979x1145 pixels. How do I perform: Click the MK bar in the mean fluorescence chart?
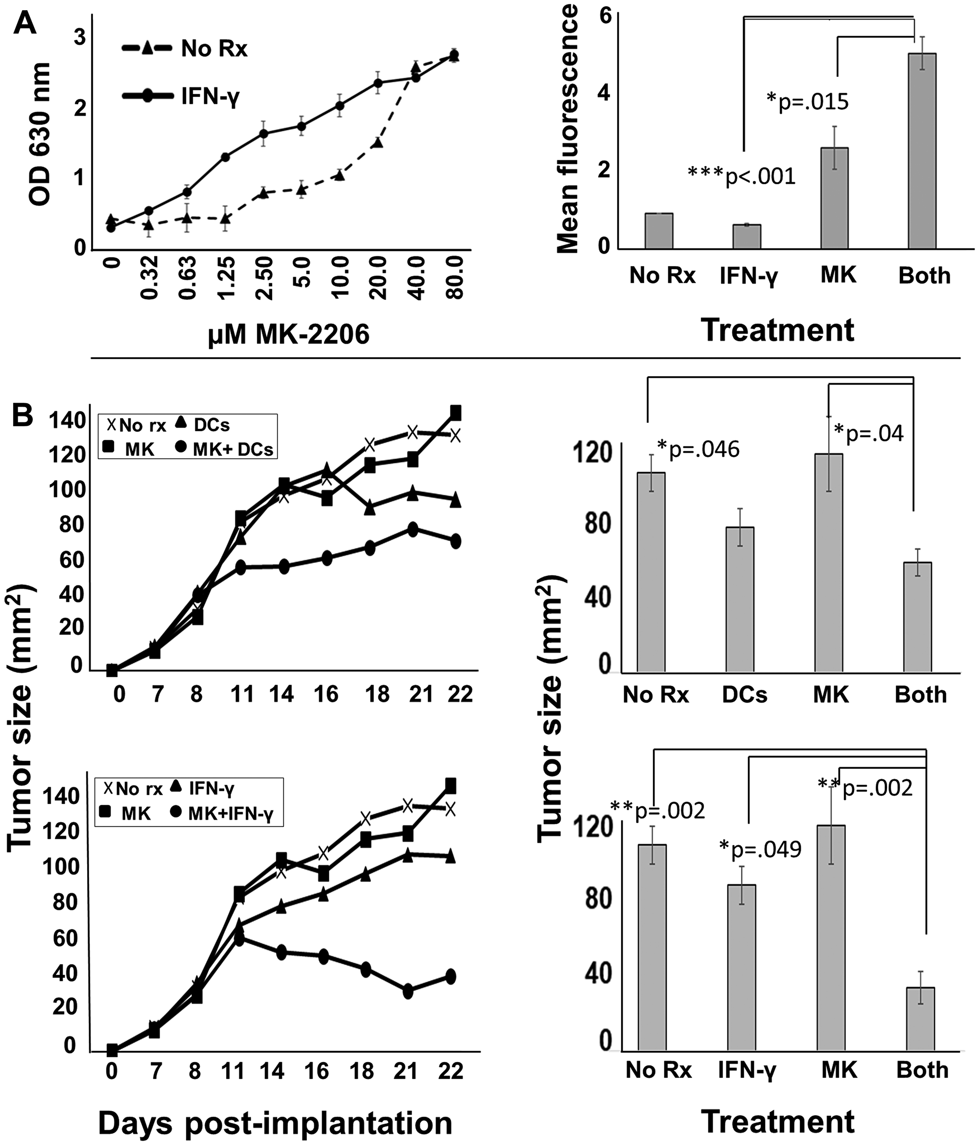834,198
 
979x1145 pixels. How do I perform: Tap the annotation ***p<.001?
741,176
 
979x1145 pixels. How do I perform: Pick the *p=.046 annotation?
698,450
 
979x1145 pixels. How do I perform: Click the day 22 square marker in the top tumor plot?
456,413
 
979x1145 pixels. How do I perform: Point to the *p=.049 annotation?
760,850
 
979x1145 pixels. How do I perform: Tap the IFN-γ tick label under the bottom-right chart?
747,1070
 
